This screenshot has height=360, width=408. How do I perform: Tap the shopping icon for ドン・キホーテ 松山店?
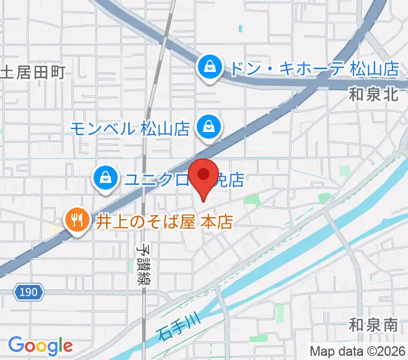coord(210,68)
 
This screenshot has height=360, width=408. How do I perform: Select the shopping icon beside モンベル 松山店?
coord(209,127)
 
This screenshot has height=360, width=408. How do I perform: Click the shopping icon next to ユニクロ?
coord(105,178)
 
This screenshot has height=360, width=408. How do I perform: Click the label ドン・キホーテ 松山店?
coord(314,68)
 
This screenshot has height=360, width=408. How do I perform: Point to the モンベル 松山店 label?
coord(130,128)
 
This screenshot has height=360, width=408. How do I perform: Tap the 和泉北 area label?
coord(374,94)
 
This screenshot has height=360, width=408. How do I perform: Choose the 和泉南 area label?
coord(374,326)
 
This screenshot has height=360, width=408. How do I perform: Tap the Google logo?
coord(40,345)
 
